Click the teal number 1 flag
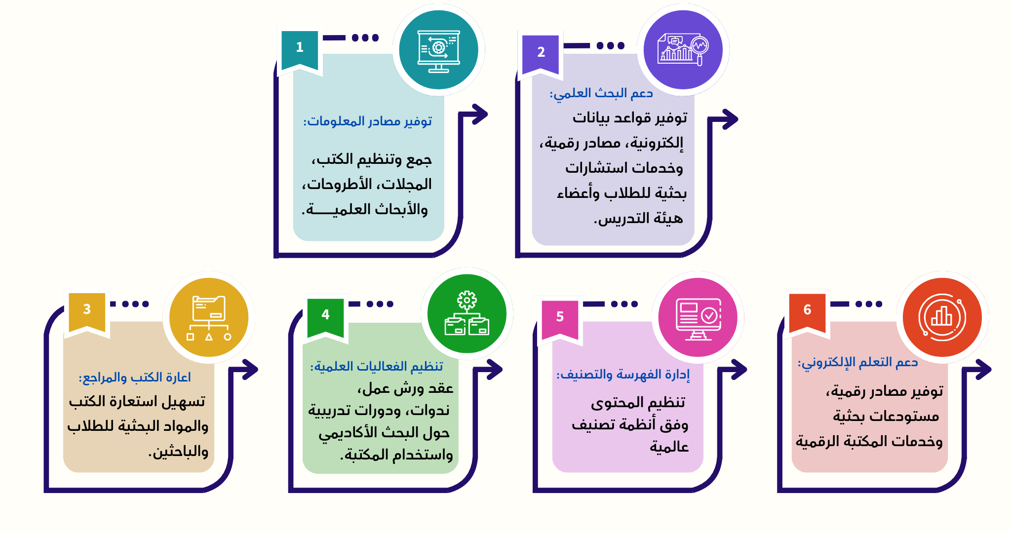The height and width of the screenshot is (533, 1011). tap(299, 49)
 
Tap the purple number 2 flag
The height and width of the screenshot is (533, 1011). tap(541, 54)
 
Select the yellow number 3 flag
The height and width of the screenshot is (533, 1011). tap(87, 311)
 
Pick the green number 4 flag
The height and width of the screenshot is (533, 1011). tap(325, 317)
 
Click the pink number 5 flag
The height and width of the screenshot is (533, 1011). tap(560, 319)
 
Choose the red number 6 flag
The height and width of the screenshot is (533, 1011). tap(807, 312)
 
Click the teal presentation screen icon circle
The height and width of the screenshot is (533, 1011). tap(438, 50)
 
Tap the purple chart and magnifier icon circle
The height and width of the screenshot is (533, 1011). tap(683, 50)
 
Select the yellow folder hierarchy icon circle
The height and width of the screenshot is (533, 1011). tap(209, 317)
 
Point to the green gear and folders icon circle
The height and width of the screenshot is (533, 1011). tap(467, 314)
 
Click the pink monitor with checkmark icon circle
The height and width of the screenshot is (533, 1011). tap(698, 317)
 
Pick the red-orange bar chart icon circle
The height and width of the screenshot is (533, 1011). tap(942, 317)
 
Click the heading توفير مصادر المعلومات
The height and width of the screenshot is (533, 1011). tap(368, 121)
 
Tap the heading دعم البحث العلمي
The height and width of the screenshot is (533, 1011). tap(601, 93)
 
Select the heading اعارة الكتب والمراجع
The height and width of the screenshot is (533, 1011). tap(135, 378)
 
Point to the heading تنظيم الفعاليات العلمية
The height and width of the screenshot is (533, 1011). tap(377, 366)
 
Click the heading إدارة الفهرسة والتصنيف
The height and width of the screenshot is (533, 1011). tap(623, 375)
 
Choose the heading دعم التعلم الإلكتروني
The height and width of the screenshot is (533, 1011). tap(858, 362)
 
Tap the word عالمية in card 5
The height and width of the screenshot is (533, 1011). tap(669, 447)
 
